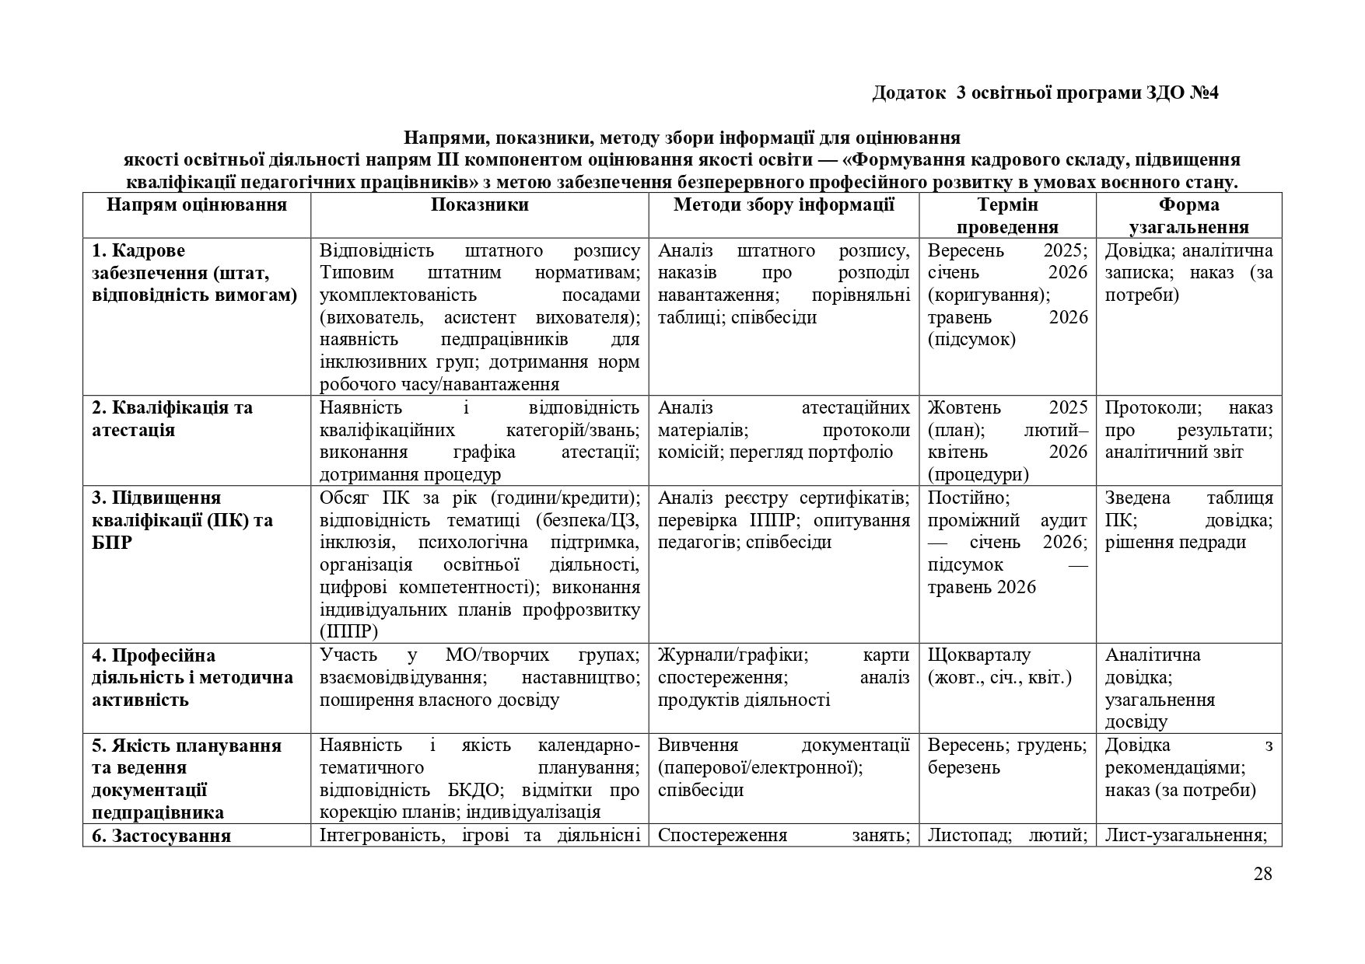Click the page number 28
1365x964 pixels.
1262,874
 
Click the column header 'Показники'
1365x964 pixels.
480,205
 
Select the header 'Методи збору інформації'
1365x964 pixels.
784,205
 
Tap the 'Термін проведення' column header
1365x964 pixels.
1007,216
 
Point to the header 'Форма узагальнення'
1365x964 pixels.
1188,216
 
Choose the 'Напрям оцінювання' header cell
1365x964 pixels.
197,205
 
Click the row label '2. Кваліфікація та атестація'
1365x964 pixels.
172,419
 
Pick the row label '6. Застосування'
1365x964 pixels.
161,837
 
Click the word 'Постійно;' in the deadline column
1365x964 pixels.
968,498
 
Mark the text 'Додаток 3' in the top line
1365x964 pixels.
919,93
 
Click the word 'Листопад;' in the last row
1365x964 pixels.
968,836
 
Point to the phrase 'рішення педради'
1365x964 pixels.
1175,543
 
